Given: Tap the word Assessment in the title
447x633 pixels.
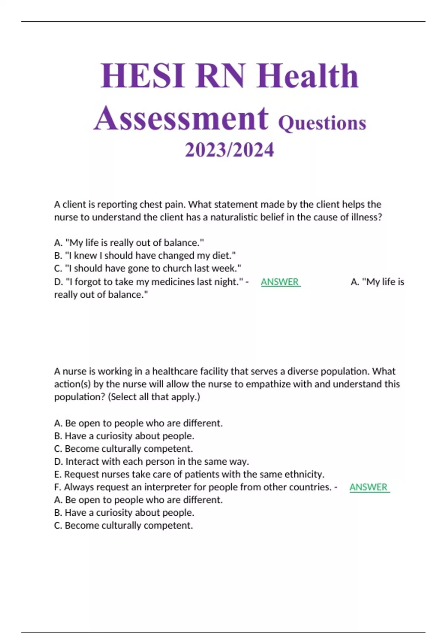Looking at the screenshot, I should (x=181, y=118).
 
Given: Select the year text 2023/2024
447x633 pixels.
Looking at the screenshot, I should (x=229, y=150).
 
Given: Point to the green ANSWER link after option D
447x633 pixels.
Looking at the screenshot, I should (x=280, y=282).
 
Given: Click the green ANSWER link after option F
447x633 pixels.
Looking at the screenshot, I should (x=369, y=487).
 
